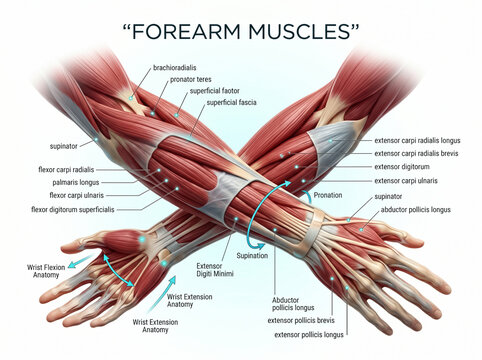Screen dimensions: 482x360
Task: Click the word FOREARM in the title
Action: pyautogui.click(x=186, y=32)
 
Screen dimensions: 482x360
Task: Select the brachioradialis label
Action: pyautogui.click(x=175, y=68)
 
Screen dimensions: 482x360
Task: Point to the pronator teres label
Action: pyautogui.click(x=191, y=80)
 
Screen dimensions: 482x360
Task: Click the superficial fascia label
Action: pyautogui.click(x=232, y=102)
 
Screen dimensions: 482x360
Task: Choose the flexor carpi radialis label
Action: pyautogui.click(x=66, y=170)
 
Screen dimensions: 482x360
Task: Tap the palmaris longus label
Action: pyautogui.click(x=76, y=183)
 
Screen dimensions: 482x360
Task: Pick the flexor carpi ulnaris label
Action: pyautogui.click(x=77, y=195)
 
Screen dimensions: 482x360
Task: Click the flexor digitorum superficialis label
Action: pyautogui.click(x=73, y=210)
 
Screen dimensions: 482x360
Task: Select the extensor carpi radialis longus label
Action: pyautogui.click(x=417, y=141)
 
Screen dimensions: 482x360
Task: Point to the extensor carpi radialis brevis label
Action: pyautogui.click(x=416, y=154)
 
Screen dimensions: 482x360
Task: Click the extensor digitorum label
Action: pyautogui.click(x=402, y=167)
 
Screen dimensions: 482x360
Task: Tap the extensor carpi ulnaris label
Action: pyautogui.click(x=406, y=181)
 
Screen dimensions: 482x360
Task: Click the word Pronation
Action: pyautogui.click(x=328, y=195)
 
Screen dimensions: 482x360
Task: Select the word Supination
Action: pyautogui.click(x=252, y=256)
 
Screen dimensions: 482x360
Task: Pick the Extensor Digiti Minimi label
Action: pyautogui.click(x=215, y=270)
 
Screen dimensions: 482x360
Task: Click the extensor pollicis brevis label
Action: pyautogui.click(x=301, y=321)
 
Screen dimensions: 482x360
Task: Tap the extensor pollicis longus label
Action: pyautogui.click(x=309, y=335)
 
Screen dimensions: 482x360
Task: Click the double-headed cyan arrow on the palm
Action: pyautogui.click(x=118, y=271)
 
